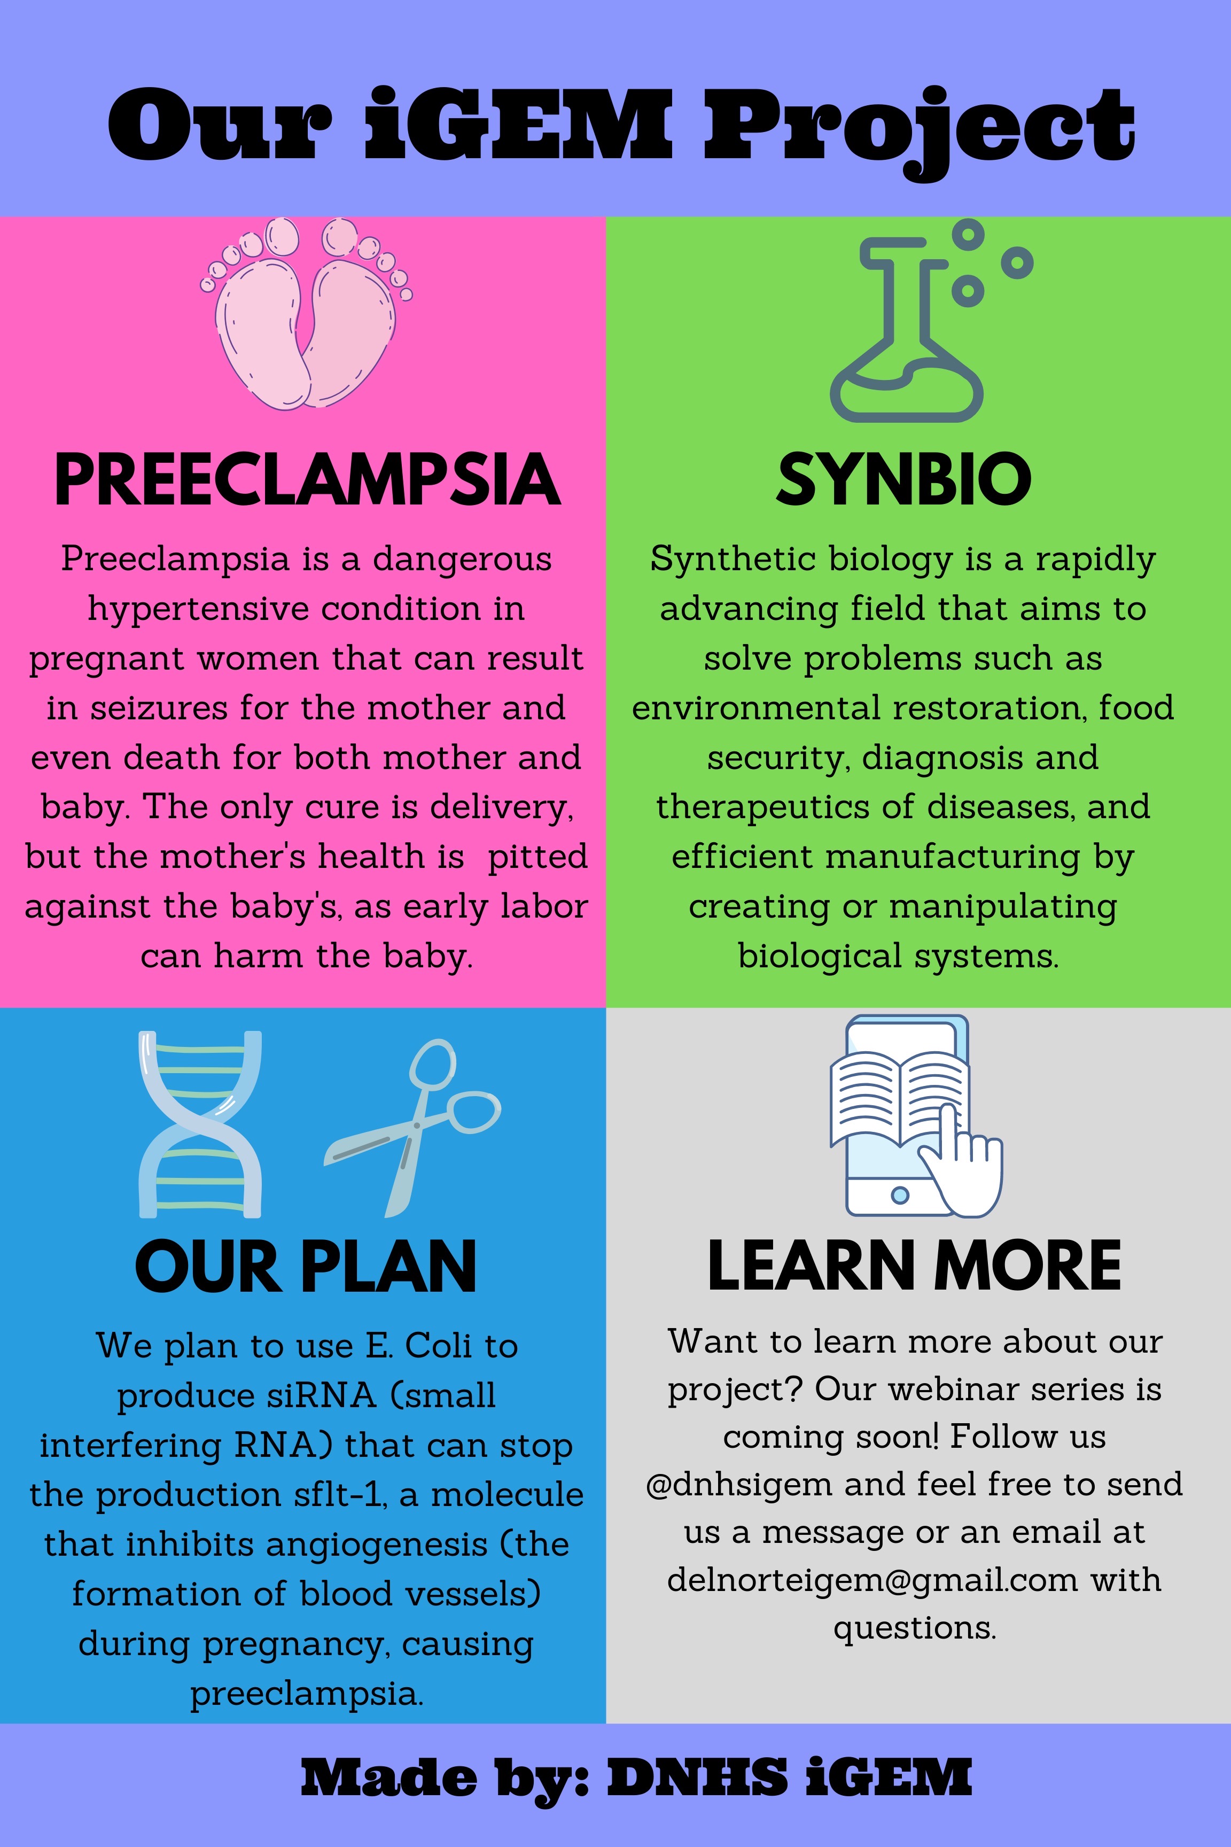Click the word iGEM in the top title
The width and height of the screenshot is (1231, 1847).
519,124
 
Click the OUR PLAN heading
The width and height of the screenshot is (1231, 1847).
306,1266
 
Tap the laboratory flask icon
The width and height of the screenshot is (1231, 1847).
930,321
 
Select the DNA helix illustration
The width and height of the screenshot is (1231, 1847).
200,1124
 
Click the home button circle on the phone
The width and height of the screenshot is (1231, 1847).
900,1195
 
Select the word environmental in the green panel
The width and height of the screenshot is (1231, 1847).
756,708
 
